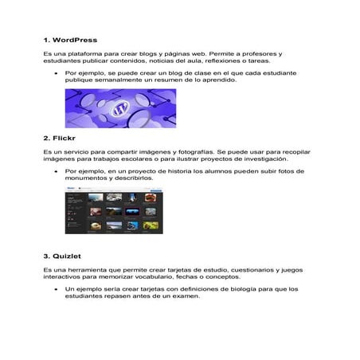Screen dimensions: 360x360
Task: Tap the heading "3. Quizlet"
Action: tap(65, 256)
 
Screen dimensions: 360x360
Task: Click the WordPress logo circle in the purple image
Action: tap(122, 108)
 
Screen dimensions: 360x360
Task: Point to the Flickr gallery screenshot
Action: tap(113, 213)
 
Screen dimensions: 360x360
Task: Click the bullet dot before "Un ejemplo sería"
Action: tap(55, 289)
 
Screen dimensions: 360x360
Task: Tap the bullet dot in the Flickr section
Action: tap(55, 171)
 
